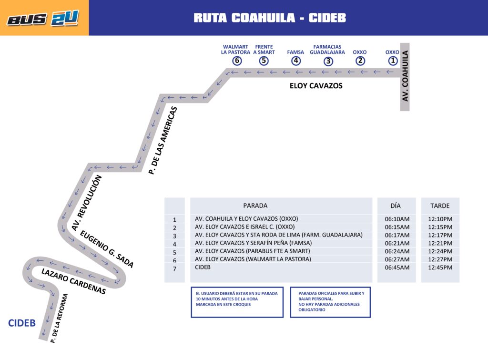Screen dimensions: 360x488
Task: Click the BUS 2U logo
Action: [x=43, y=18]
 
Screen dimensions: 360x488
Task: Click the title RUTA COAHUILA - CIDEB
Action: [x=270, y=18]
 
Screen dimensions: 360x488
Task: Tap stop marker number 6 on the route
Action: [x=237, y=61]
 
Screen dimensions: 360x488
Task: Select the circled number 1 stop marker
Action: [x=393, y=61]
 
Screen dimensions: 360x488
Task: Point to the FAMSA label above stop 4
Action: [x=295, y=52]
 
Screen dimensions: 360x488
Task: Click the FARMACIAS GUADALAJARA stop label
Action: [x=327, y=50]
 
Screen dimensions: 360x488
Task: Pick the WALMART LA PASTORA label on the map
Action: [x=235, y=50]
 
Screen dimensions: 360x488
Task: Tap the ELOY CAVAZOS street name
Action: [x=316, y=86]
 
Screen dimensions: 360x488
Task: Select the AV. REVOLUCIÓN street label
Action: [x=87, y=203]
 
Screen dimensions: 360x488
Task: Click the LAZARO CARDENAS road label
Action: [x=73, y=281]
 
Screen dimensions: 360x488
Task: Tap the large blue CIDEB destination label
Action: [x=22, y=323]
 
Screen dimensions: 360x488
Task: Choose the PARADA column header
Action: [x=255, y=206]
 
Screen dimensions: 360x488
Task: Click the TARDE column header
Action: [x=440, y=206]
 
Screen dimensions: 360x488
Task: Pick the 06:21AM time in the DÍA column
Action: [x=397, y=243]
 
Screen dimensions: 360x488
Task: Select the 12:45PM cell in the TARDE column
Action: [x=440, y=267]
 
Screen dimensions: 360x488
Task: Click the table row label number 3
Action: [x=174, y=236]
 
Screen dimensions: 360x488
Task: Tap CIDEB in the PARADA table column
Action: [x=203, y=267]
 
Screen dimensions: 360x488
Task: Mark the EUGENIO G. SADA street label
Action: [x=107, y=249]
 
